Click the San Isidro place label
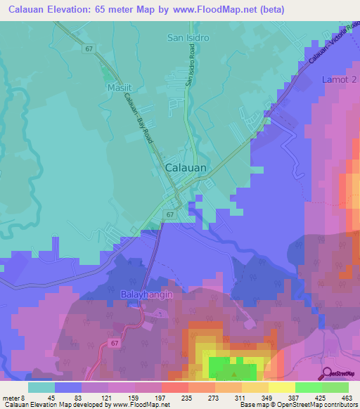tap(188, 37)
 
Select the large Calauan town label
tap(186, 169)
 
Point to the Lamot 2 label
tap(340, 80)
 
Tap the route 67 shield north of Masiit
tap(89, 48)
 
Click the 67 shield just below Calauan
tap(171, 212)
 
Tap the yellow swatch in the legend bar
tap(281, 387)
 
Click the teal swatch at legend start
tap(41, 387)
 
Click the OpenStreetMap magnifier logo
tap(327, 374)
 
